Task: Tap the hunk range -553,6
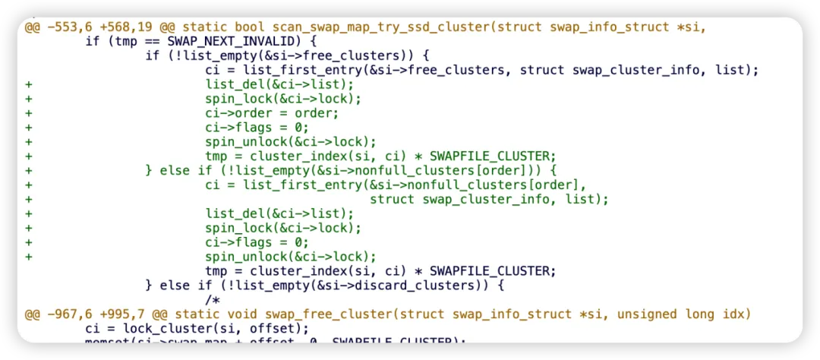69,27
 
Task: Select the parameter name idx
728,314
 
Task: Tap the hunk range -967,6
69,314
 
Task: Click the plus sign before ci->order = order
29,113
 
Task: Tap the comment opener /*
213,300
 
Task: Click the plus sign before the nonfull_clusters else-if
29,170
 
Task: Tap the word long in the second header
694,314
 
